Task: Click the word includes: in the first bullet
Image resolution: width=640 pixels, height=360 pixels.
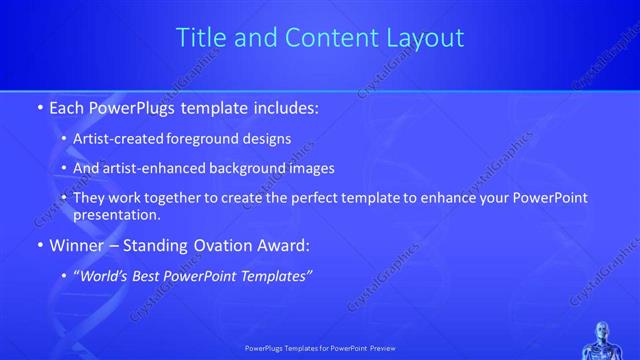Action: pyautogui.click(x=282, y=105)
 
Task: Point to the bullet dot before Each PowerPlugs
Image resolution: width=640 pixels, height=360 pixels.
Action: pyautogui.click(x=39, y=106)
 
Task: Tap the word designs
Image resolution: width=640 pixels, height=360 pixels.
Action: pyautogui.click(x=268, y=138)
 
